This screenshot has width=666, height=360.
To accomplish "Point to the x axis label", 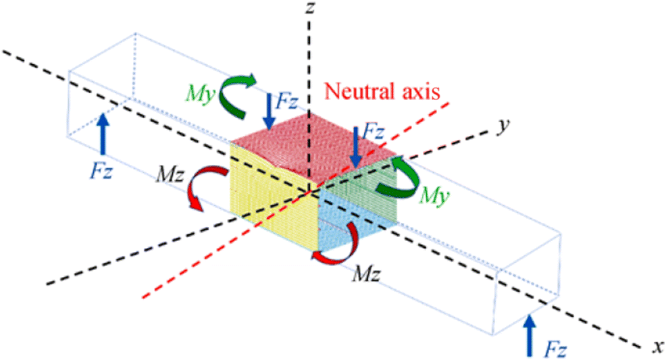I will pyautogui.click(x=655, y=347).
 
